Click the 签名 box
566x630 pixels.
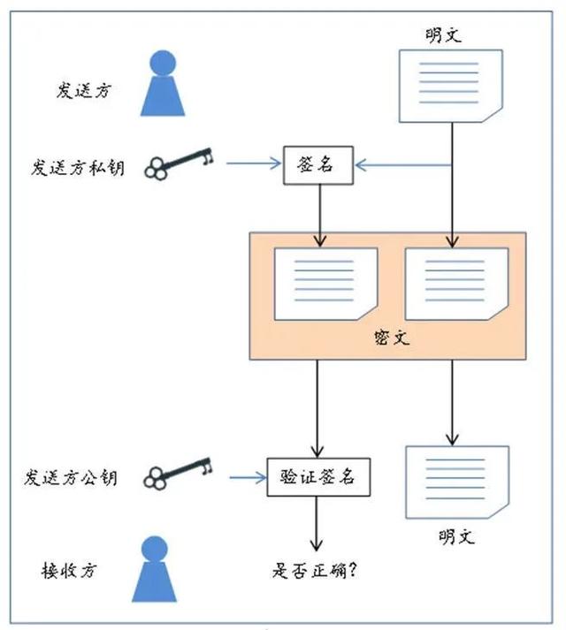click(318, 165)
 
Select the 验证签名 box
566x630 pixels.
click(318, 477)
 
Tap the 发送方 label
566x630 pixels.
click(83, 90)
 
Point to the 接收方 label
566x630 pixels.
click(69, 570)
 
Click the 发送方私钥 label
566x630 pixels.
click(78, 168)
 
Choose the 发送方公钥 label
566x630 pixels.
click(71, 478)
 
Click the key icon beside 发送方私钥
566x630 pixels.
click(179, 163)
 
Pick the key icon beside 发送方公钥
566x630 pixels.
click(178, 474)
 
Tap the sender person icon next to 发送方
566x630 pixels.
click(163, 83)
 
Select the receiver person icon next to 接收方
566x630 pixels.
click(155, 569)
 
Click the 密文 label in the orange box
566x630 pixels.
click(392, 338)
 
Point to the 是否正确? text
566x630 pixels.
click(315, 570)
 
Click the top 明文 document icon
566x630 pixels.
click(451, 86)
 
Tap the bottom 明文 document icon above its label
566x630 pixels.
click(457, 482)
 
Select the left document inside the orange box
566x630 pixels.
click(325, 284)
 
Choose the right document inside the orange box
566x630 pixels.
click(457, 284)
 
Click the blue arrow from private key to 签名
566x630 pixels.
click(254, 163)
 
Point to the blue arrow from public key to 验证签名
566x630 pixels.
click(249, 478)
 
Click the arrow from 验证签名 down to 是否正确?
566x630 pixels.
click(317, 524)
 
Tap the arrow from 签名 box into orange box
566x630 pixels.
click(320, 216)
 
